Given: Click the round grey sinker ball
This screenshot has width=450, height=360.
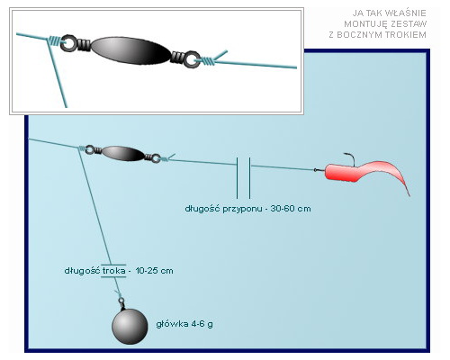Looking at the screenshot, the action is (x=130, y=327).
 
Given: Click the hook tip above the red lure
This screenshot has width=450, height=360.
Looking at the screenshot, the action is (x=345, y=154).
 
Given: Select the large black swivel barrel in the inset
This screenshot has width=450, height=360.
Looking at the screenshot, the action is (x=130, y=50).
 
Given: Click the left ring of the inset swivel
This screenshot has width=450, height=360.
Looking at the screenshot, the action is (x=69, y=43).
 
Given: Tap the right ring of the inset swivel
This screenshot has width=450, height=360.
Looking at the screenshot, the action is (x=192, y=59).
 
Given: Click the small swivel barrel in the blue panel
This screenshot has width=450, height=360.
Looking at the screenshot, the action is (x=123, y=153).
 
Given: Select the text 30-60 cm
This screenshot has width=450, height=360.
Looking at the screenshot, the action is (x=291, y=209).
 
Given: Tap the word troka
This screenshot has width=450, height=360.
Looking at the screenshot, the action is (x=113, y=271).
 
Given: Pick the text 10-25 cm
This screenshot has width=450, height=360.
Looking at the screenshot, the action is (x=154, y=271).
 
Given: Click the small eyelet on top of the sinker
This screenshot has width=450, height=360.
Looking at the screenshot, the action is (x=121, y=300).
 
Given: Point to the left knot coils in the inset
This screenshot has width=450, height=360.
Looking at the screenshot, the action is (x=55, y=40).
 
